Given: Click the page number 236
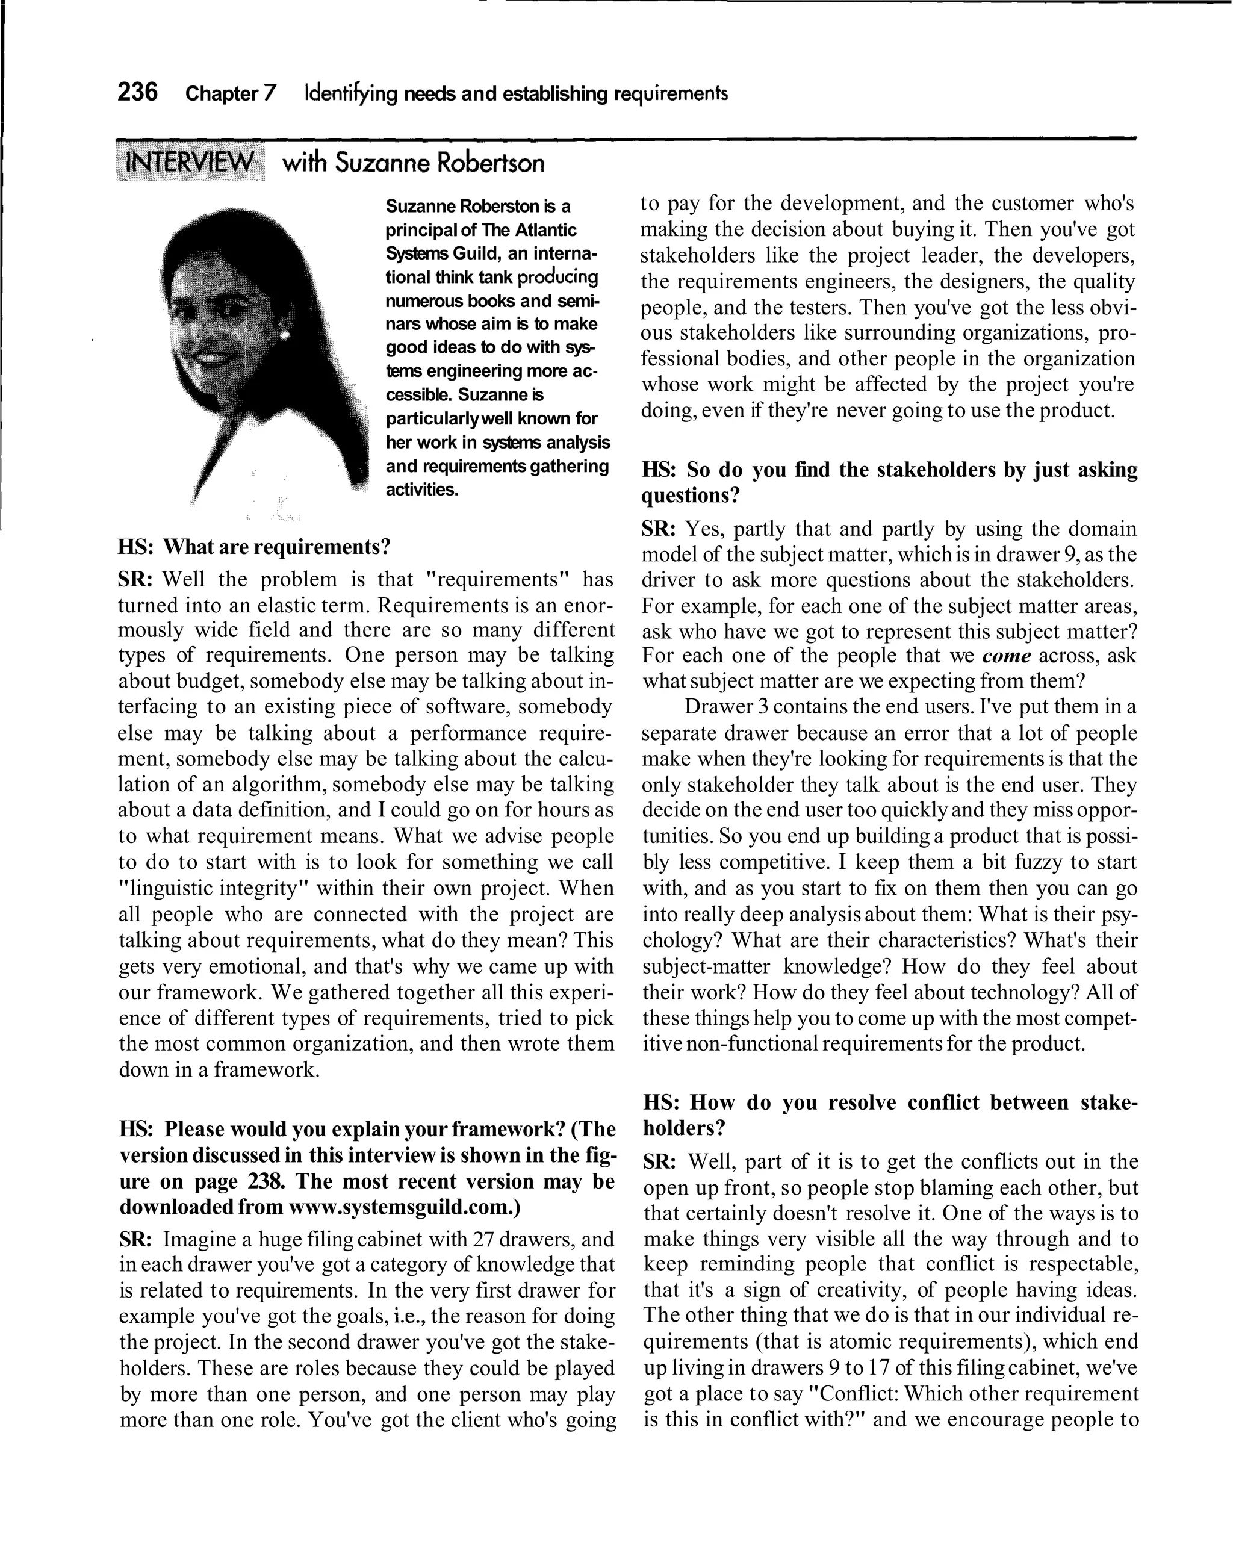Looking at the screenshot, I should pos(137,92).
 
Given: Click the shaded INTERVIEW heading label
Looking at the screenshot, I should pos(189,163).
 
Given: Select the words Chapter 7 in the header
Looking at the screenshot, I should pos(230,93).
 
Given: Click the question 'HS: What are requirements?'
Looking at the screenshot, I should pos(255,547).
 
